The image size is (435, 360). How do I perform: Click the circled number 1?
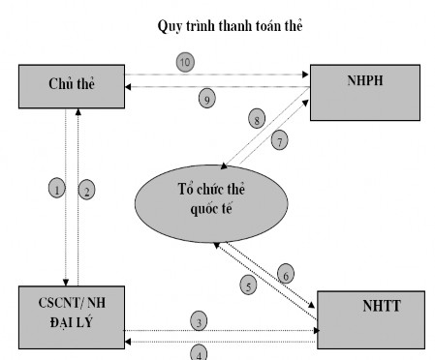click(58, 190)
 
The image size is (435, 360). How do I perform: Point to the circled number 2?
click(86, 190)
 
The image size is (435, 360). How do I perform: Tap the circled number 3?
click(199, 320)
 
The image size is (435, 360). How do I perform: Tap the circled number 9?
click(204, 98)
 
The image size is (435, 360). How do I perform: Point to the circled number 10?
click(185, 62)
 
